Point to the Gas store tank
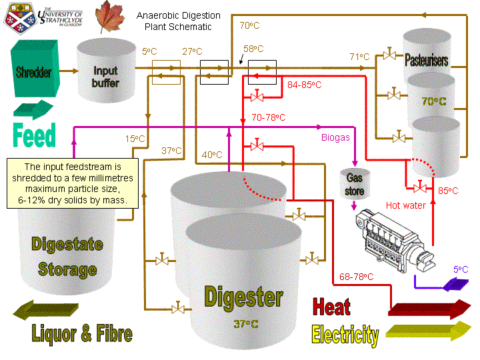click(x=355, y=183)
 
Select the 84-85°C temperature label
click(x=304, y=85)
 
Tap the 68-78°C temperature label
click(x=356, y=276)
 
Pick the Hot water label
click(x=406, y=205)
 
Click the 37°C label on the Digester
click(x=245, y=325)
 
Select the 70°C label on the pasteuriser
click(x=433, y=101)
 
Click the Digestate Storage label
click(x=67, y=257)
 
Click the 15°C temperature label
click(x=135, y=139)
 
